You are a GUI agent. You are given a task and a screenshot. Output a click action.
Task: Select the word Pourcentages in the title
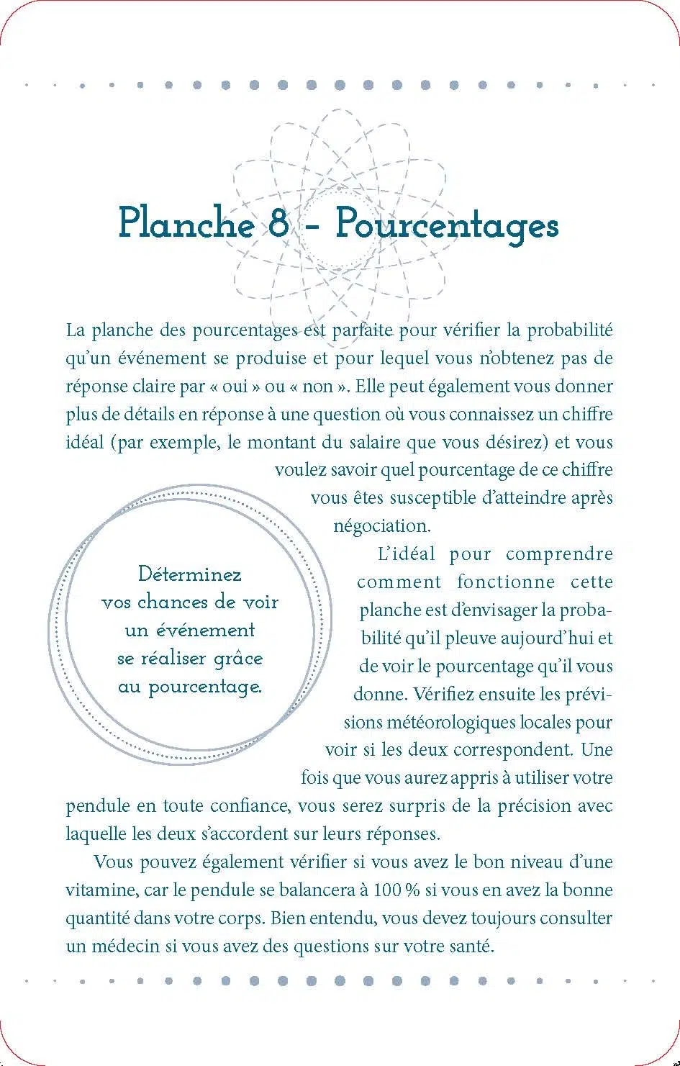click(x=447, y=225)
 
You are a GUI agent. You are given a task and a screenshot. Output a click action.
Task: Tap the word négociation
click(x=381, y=526)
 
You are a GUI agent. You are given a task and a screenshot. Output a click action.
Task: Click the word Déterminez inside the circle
click(x=189, y=574)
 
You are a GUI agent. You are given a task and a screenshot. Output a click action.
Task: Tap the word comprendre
click(x=559, y=554)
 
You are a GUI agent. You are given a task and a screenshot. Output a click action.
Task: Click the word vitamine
click(x=101, y=890)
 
